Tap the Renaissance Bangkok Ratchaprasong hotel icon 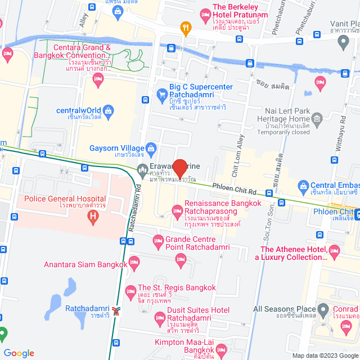pyautogui.click(x=176, y=212)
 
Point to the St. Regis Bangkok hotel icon pyautogui.click(x=130, y=291)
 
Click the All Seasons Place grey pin pyautogui.click(x=323, y=309)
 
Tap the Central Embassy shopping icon pyautogui.click(x=304, y=185)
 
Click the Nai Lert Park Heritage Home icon pyautogui.click(x=317, y=119)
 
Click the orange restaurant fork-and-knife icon pyautogui.click(x=184, y=26)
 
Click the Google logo pyautogui.click(x=19, y=353)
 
